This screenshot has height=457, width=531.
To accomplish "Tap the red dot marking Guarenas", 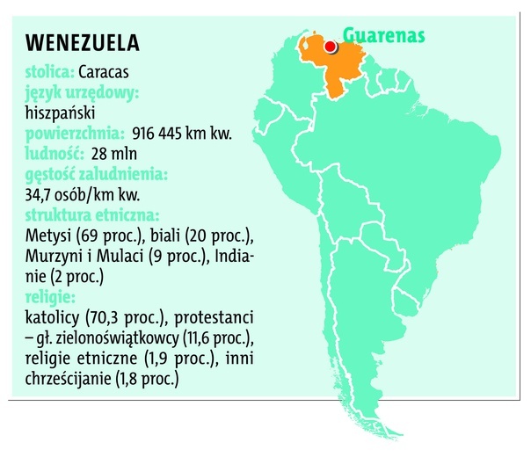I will (330, 47).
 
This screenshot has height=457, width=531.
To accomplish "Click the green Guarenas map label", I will (383, 36).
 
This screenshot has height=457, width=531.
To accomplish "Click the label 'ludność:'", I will (54, 154).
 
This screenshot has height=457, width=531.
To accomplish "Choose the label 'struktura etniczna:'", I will (92, 214).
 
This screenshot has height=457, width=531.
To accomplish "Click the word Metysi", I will (49, 235).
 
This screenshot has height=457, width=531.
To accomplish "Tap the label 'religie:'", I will (52, 296).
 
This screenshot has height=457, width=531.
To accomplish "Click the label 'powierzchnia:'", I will (76, 134).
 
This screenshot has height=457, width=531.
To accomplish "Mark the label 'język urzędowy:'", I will (84, 92).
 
